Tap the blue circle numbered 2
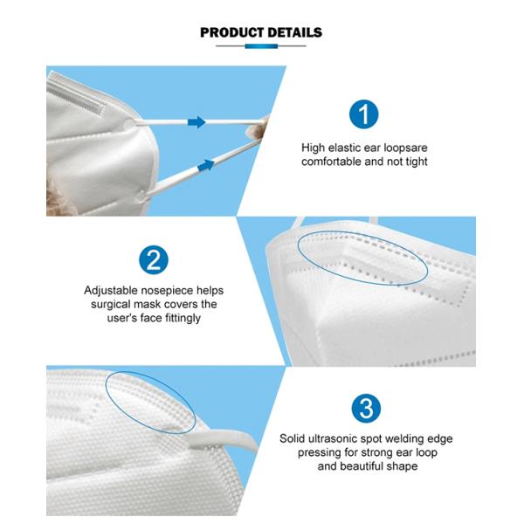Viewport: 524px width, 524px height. pos(153,259)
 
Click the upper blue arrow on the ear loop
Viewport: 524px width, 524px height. pos(196,121)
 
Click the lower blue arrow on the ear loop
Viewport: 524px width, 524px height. pos(206,162)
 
